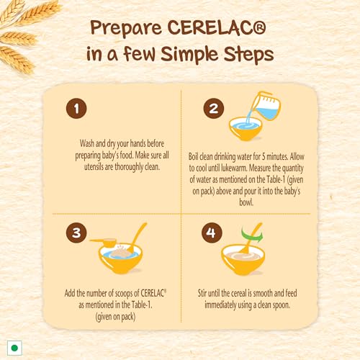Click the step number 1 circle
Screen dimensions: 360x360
point(77,110)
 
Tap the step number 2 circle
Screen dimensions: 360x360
point(212,110)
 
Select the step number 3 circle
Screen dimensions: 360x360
point(77,233)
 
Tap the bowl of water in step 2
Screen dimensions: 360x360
point(251,128)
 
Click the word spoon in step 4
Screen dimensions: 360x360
point(294,303)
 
